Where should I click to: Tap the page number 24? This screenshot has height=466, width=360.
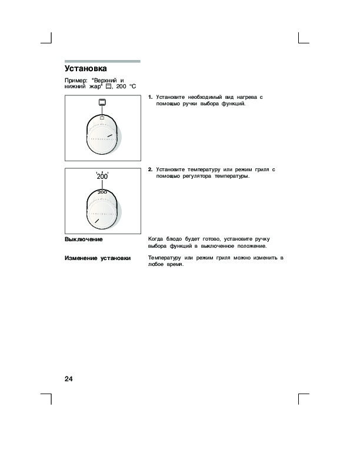tap(69, 378)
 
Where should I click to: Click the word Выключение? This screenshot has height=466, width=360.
tap(84, 239)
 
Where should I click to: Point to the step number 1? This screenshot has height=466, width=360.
tap(151, 96)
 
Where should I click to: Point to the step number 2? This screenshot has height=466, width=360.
tap(151, 169)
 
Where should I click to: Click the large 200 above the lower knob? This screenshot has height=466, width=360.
tap(102, 177)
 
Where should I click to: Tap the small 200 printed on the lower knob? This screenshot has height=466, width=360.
tap(102, 192)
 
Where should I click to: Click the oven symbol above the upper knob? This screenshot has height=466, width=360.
tap(102, 103)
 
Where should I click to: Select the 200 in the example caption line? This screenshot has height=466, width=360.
tap(122, 86)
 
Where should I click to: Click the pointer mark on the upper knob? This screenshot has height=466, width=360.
tap(109, 135)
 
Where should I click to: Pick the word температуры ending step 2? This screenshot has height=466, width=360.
tap(232, 176)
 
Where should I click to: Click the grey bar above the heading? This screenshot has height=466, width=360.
tap(102, 61)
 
